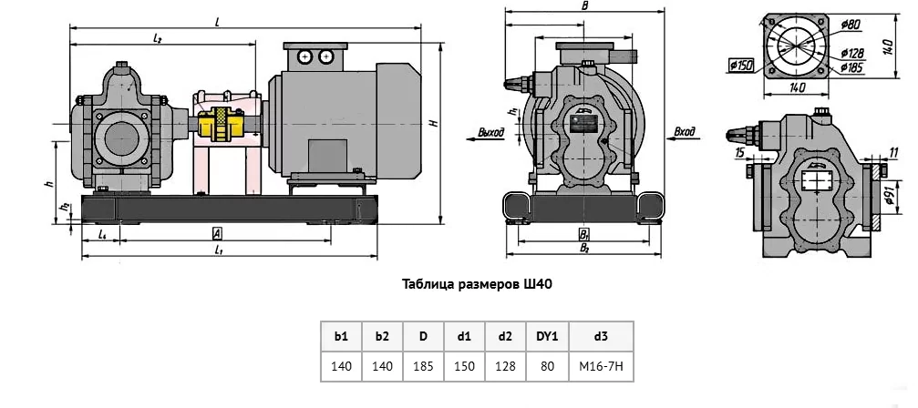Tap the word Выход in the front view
pyautogui.click(x=490, y=132)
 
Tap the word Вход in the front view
pyautogui.click(x=685, y=132)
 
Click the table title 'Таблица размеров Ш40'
pyautogui.click(x=478, y=283)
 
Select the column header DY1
pyautogui.click(x=547, y=336)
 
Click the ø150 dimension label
pyautogui.click(x=740, y=65)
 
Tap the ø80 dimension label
pyautogui.click(x=851, y=24)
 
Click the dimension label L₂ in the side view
pyautogui.click(x=158, y=39)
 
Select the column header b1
pyautogui.click(x=341, y=336)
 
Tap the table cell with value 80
pyautogui.click(x=547, y=366)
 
